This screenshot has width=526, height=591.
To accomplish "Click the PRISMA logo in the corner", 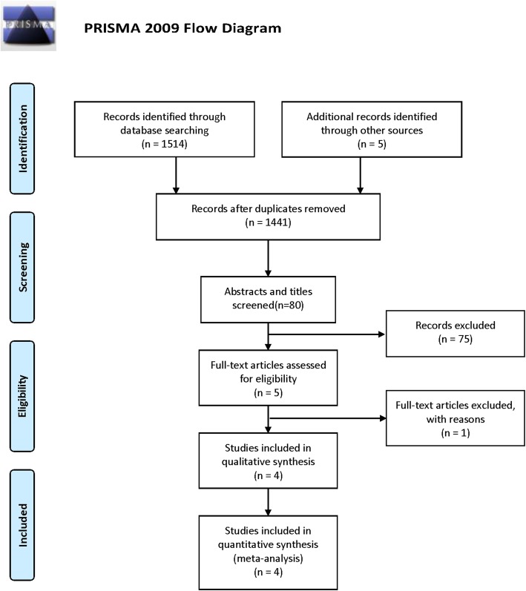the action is click(28, 26).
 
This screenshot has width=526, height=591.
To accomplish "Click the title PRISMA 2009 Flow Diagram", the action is click(183, 28).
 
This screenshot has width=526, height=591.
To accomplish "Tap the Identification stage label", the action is click(22, 139).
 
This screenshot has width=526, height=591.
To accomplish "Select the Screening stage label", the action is click(22, 267).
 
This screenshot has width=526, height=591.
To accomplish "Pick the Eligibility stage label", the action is click(22, 396).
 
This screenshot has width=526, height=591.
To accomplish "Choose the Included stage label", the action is click(22, 525).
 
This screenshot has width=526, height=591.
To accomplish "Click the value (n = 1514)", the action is click(165, 144).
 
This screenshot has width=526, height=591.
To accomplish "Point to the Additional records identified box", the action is click(372, 129).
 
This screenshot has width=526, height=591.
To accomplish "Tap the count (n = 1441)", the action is click(268, 222).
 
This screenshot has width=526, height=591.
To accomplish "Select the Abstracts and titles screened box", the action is click(268, 300).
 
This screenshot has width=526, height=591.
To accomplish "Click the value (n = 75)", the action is click(455, 339).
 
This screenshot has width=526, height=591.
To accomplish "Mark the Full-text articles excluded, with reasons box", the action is click(455, 418).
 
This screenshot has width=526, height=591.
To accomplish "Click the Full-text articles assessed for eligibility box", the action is click(268, 378).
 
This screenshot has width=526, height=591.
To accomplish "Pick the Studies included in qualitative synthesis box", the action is click(268, 460).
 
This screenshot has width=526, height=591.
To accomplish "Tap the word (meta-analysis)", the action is click(268, 558).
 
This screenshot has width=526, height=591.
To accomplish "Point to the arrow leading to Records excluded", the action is click(326, 334).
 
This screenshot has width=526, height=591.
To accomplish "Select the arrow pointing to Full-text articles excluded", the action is click(327, 418).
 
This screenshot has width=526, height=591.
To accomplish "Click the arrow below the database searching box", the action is click(176, 175).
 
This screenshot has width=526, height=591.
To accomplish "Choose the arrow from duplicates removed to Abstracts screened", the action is click(268, 258).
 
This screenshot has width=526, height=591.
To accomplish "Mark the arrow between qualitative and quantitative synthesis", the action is click(268, 502).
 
